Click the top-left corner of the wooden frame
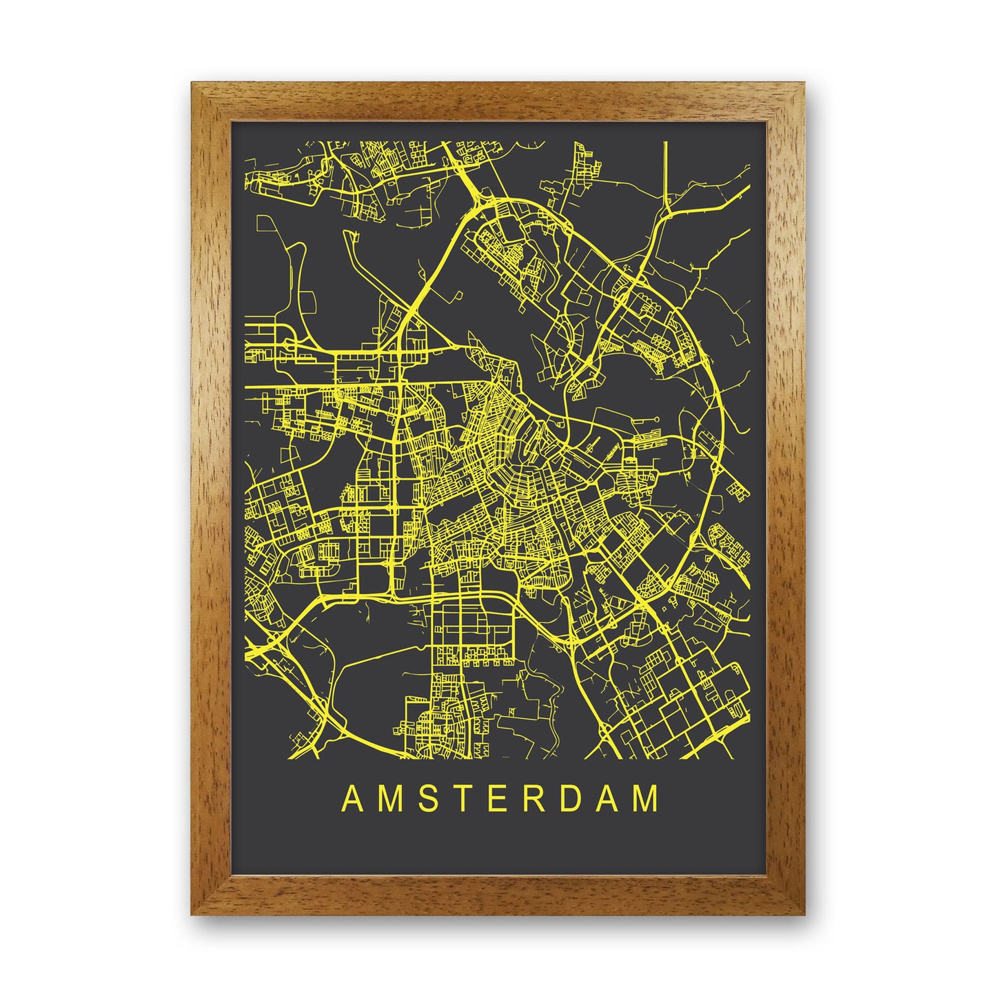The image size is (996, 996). point(196,86)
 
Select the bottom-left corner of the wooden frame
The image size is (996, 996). point(196,910)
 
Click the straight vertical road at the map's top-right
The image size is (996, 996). point(666,172)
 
